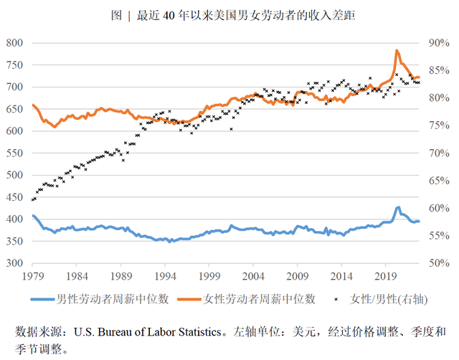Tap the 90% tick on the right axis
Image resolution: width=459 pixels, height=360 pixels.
tap(438, 43)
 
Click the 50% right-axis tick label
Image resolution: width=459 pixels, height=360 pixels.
tap(438, 263)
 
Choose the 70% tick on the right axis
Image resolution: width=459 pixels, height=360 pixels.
tap(438, 153)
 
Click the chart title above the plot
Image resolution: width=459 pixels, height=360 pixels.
tap(229, 14)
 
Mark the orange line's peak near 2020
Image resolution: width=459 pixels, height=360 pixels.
tap(397, 51)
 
